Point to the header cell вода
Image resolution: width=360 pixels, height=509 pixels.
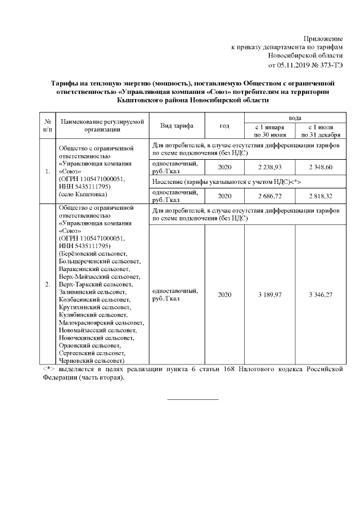click(x=294, y=118)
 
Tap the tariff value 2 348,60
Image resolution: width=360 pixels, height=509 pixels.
click(x=320, y=168)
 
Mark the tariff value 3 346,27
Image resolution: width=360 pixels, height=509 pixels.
click(x=320, y=294)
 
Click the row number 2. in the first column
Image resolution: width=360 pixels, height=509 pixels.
click(x=48, y=284)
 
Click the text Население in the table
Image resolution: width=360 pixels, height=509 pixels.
click(x=169, y=182)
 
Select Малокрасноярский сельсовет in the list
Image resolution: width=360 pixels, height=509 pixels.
click(x=101, y=323)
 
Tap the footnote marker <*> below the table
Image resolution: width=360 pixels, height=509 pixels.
click(x=48, y=369)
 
